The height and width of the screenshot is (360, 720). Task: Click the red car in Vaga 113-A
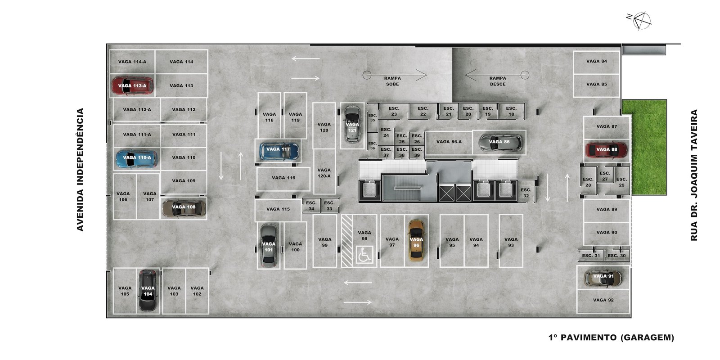[x=132, y=86]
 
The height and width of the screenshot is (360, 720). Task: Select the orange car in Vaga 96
[x=416, y=240]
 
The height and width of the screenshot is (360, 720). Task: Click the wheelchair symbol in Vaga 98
[x=364, y=255]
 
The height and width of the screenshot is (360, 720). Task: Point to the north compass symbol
[x=641, y=21]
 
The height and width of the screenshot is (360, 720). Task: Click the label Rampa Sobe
[x=392, y=81]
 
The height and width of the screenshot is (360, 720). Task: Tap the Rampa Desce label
[x=498, y=81]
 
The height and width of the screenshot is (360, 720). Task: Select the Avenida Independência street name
[x=80, y=169]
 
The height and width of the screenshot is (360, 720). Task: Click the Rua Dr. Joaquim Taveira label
[x=694, y=175]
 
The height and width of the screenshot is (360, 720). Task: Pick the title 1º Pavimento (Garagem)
[x=611, y=337]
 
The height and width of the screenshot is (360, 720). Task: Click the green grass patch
[x=644, y=147]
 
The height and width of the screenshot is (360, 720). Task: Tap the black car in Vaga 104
[x=148, y=291]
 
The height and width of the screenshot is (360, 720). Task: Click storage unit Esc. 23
[x=394, y=111]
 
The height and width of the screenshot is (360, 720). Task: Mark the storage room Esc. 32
[x=526, y=193]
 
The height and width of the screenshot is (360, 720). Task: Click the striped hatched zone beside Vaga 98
[x=347, y=241]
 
